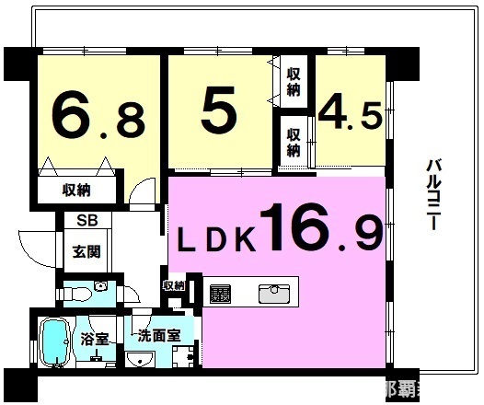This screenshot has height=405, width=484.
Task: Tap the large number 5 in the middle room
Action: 219,112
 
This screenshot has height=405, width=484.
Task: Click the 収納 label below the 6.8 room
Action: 77,191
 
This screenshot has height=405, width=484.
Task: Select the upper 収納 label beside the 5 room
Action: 294,82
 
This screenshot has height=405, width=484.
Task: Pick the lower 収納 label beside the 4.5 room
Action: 294,141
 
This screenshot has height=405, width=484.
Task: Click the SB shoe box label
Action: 86,220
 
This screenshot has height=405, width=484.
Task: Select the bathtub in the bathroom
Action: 56,341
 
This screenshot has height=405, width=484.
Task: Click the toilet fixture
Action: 86,293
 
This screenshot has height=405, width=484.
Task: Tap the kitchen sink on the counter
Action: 274,294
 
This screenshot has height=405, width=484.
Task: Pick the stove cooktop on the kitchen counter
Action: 221,294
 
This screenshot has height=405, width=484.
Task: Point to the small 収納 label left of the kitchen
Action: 174,285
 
